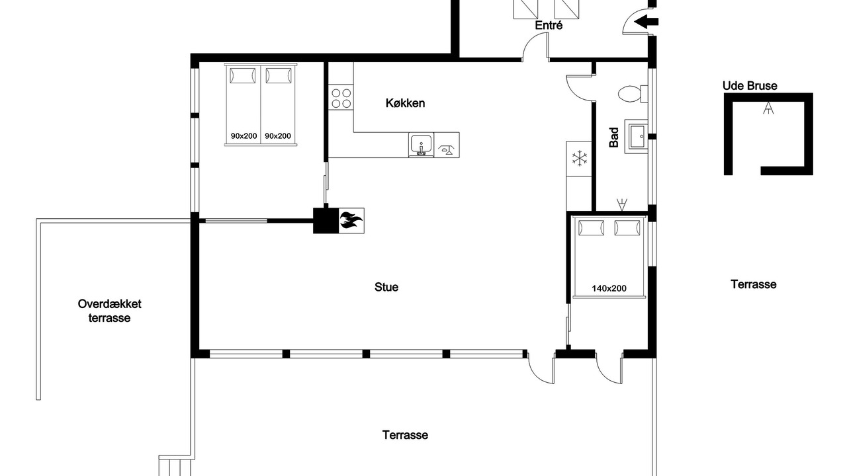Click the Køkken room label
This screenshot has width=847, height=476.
[x=405, y=103]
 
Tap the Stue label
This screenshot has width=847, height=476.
[x=386, y=287]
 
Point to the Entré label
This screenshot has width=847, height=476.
[x=549, y=25]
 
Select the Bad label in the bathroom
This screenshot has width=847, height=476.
[x=614, y=137]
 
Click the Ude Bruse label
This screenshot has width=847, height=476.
[x=750, y=86]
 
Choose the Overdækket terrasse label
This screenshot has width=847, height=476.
[x=110, y=311]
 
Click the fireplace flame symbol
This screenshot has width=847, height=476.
[x=351, y=221]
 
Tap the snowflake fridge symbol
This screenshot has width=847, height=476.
[x=579, y=158]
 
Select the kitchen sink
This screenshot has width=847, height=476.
[x=420, y=145]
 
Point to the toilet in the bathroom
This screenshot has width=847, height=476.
[x=633, y=94]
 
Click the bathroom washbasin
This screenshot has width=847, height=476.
[x=637, y=136]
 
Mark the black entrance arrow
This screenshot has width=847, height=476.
[x=646, y=22]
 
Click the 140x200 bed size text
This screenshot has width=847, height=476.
[x=609, y=289]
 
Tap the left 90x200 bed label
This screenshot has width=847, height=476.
[x=244, y=136]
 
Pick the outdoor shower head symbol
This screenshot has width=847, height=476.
[x=768, y=108]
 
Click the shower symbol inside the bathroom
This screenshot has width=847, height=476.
[x=621, y=204]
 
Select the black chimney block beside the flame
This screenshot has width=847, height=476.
[x=326, y=221]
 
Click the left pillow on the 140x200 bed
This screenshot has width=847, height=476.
[x=591, y=228]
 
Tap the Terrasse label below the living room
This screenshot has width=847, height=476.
[x=405, y=435]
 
